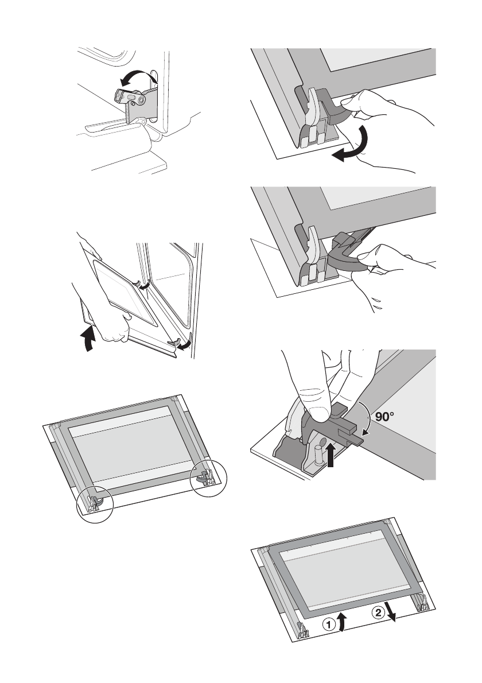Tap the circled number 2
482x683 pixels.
(x=379, y=614)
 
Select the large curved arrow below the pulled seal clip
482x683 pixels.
(x=354, y=147)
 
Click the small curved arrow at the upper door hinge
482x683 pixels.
(x=145, y=285)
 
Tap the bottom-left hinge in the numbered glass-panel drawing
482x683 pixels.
(x=302, y=630)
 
